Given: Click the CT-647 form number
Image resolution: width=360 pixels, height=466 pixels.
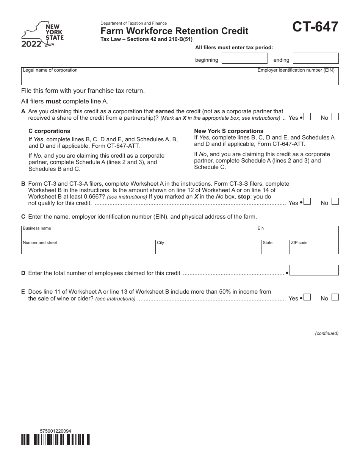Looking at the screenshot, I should tap(315, 28).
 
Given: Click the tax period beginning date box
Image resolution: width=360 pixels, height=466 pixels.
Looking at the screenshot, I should tap(244, 58).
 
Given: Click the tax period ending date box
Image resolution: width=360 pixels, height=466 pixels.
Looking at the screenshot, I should tap(316, 58).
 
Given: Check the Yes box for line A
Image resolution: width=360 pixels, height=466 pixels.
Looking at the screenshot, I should tap(307, 117).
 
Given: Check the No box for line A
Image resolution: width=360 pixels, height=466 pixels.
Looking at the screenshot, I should tap(335, 117).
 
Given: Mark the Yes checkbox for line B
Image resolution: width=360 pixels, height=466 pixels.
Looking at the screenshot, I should tap(307, 202).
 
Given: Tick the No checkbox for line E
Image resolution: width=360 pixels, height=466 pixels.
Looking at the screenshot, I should tap(335, 297).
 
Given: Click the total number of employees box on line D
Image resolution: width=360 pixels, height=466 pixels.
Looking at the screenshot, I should tap(314, 270).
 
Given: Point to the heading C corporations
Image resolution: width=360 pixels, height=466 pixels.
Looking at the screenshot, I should tap(49, 131).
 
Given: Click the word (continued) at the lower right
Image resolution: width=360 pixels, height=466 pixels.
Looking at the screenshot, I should tap(327, 333).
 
